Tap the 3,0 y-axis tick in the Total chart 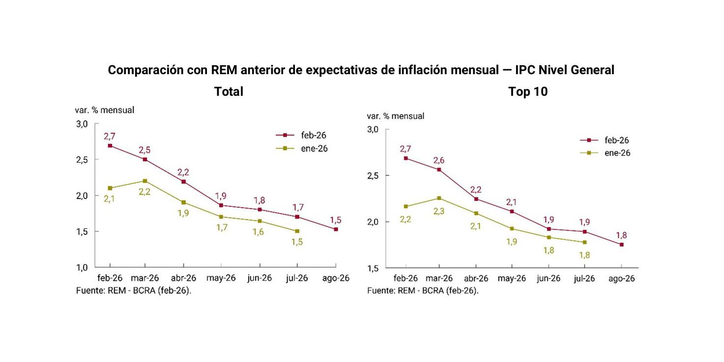82,124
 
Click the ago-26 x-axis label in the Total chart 335,278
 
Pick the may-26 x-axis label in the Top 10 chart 511,278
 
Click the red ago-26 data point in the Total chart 336,229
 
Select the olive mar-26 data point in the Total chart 145,181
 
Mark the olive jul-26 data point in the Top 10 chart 584,242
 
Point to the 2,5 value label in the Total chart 145,149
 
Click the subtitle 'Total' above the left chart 229,92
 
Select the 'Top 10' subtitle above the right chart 528,92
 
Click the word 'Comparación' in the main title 146,70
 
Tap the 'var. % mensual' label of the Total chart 104,110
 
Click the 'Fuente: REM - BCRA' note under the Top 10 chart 423,290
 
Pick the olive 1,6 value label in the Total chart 258,232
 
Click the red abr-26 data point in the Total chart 183,182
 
